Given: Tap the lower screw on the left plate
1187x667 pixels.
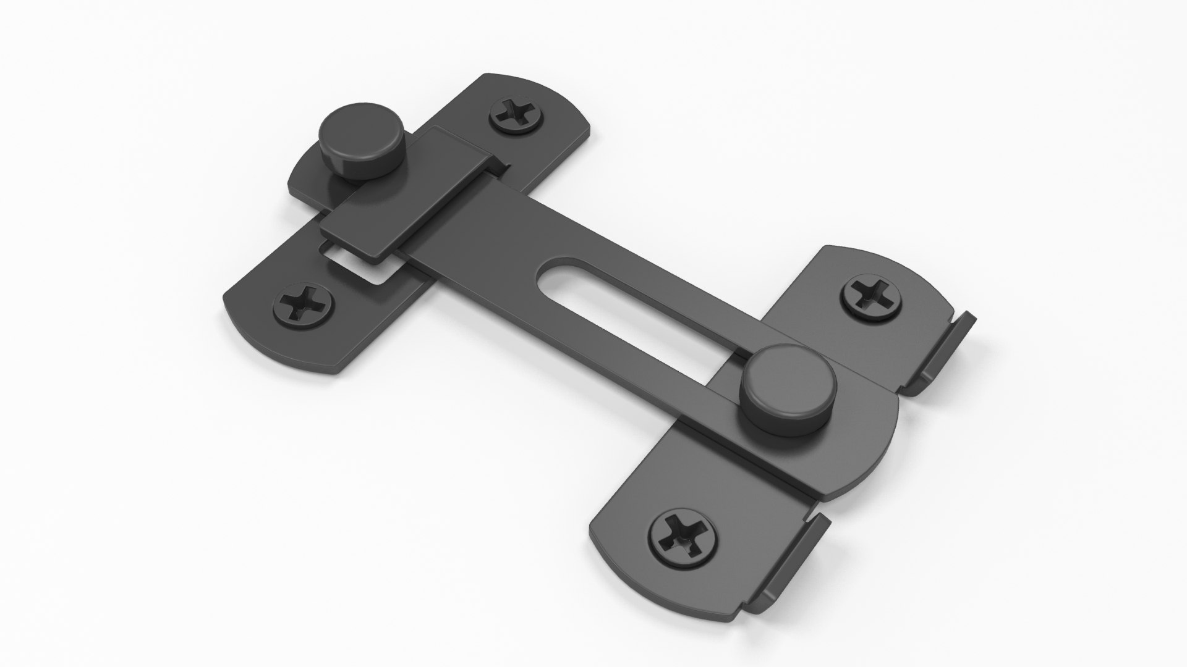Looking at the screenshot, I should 303,303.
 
